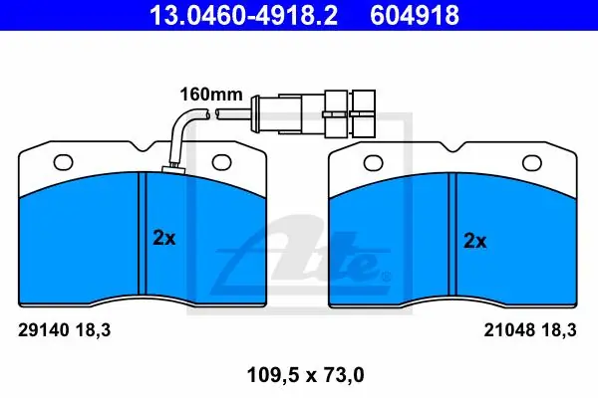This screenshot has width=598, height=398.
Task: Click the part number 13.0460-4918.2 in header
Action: tap(243, 15)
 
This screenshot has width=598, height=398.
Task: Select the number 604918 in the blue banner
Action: tap(415, 15)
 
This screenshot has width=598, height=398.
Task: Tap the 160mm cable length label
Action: tap(211, 95)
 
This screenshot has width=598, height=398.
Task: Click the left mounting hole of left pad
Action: tap(64, 162)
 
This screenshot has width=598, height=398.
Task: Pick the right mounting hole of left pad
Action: tap(222, 162)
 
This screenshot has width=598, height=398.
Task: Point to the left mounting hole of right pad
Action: tap(374, 163)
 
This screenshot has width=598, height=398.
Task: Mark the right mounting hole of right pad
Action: tap(532, 163)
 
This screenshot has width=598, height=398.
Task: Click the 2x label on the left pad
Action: tap(164, 238)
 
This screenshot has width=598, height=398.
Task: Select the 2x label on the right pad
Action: tap(474, 241)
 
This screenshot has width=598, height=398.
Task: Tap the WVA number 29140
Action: tap(44, 329)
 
